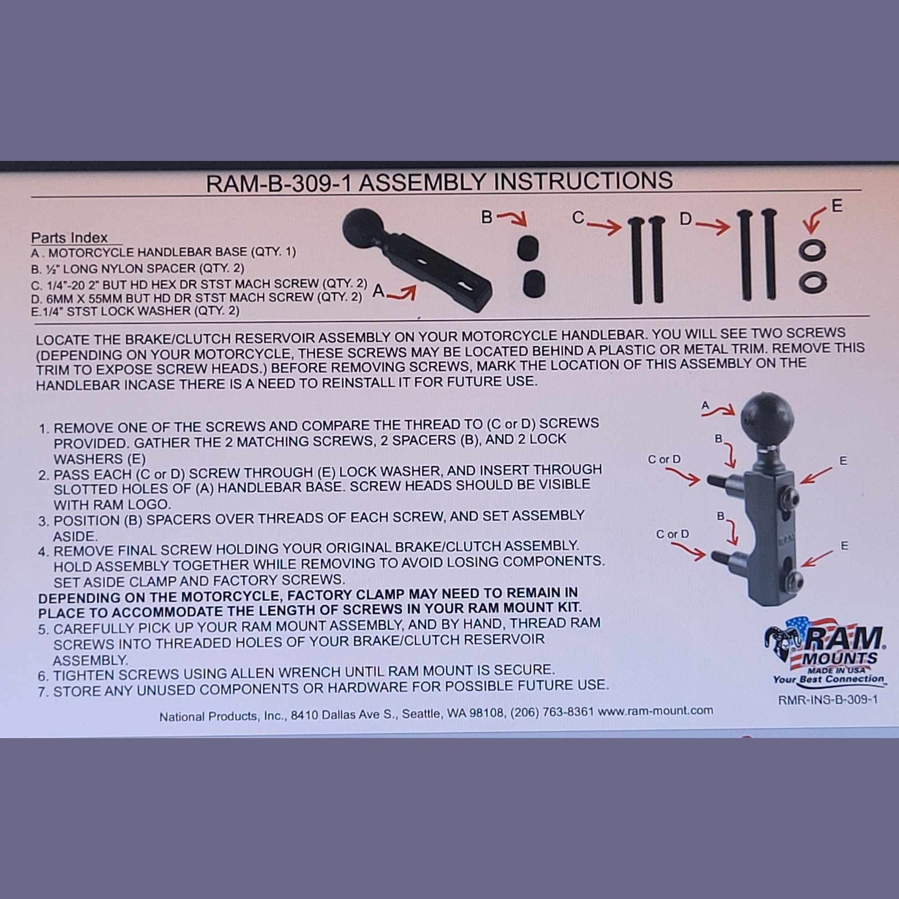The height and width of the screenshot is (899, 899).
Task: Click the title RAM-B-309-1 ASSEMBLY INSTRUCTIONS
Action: (439, 181)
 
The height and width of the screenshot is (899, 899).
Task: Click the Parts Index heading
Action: (69, 237)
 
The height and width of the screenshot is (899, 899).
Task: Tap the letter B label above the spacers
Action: (487, 217)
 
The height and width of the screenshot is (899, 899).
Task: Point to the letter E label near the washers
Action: (837, 206)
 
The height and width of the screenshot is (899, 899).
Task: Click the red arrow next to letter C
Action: (604, 226)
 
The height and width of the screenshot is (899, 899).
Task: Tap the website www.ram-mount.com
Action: (655, 711)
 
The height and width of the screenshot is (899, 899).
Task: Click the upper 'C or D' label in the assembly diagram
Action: (664, 459)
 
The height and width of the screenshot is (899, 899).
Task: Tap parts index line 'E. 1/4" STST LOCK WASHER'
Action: (135, 311)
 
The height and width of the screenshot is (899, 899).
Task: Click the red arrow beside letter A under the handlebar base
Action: (401, 294)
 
